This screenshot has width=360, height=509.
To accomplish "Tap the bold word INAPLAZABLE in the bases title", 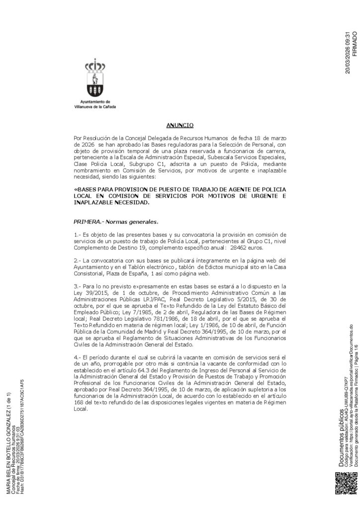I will coord(94,203).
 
